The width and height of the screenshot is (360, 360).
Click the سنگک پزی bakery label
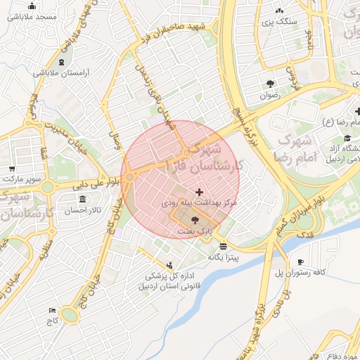279,22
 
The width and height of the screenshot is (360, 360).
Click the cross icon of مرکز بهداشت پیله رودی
200,191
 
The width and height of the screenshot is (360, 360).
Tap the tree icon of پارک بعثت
195,220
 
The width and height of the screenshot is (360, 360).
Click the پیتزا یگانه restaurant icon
223,246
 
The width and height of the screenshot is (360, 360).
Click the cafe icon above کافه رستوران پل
300,262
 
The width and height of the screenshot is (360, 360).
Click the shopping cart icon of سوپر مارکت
12,169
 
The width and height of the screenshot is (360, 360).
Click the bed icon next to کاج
52,310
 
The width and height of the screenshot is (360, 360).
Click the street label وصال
116,138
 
